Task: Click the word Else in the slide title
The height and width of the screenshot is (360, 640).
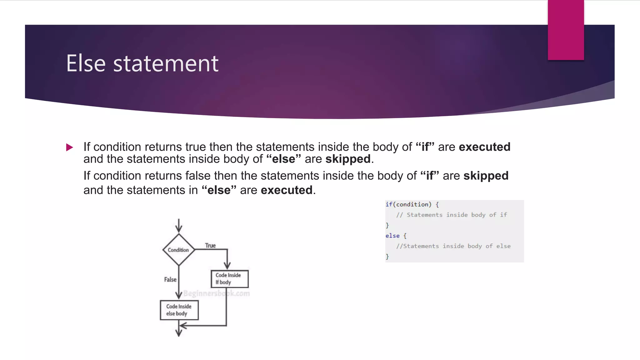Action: (x=86, y=63)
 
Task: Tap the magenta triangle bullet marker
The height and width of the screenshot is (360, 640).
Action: (x=70, y=147)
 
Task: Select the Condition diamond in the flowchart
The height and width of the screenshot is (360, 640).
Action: (x=178, y=250)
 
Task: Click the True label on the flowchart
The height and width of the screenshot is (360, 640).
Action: (x=210, y=246)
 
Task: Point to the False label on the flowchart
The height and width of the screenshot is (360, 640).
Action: (x=170, y=279)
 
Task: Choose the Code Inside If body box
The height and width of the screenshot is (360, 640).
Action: (x=230, y=279)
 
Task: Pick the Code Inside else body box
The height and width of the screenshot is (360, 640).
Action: (x=179, y=310)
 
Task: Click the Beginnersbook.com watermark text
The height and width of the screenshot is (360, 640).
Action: (x=217, y=293)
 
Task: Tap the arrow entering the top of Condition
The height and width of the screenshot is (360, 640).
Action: (x=179, y=226)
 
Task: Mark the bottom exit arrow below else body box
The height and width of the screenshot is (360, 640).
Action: (x=179, y=332)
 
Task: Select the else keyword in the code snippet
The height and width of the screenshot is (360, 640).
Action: (x=392, y=236)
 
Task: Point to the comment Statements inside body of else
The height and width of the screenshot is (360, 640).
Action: (x=453, y=246)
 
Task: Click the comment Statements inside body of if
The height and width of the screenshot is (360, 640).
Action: (x=451, y=215)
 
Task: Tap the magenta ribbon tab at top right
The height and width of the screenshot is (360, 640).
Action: (x=566, y=30)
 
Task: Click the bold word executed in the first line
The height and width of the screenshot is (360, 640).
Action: (x=484, y=147)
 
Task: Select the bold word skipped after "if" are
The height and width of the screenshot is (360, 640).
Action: (x=486, y=176)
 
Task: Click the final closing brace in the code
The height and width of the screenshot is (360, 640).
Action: (x=387, y=257)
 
